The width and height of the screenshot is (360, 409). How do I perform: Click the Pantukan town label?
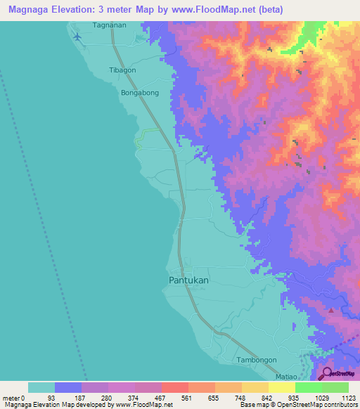189,280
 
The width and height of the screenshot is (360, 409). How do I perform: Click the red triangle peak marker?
331,309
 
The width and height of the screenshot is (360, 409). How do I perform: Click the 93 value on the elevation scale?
68,397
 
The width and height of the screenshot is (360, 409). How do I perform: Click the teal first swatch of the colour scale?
41,387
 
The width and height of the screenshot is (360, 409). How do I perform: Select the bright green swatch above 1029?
308,387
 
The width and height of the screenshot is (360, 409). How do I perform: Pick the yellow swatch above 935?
281,387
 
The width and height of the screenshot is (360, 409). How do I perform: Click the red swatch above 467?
174,387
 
